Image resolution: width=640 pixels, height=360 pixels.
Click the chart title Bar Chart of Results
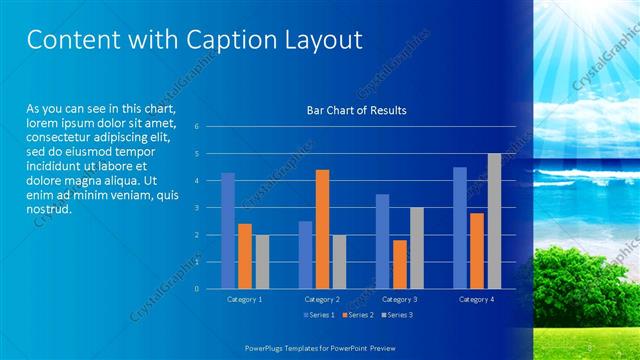click(356, 111)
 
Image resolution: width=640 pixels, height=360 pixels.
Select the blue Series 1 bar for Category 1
click(228, 231)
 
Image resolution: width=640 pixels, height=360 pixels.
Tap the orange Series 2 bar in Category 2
click(322, 229)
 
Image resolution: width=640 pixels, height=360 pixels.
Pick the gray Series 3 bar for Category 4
click(494, 221)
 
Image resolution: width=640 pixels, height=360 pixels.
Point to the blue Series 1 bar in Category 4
click(459, 228)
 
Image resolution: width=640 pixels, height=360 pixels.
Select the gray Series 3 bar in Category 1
click(262, 262)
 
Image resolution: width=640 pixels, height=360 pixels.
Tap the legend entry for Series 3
click(395, 315)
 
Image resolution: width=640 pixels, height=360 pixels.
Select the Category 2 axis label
click(323, 299)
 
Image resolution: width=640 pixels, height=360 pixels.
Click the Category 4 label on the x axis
click(477, 299)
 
